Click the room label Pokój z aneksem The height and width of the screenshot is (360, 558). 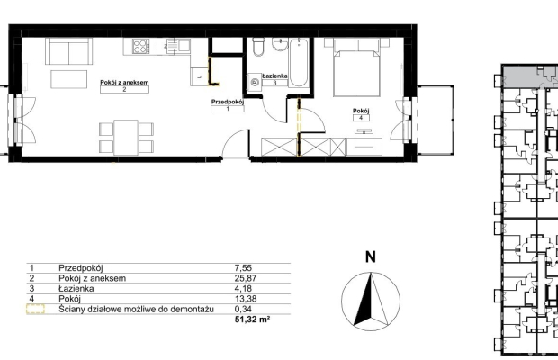(x=124, y=82)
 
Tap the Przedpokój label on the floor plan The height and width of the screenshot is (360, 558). (x=228, y=102)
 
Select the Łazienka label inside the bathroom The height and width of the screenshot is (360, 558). (x=274, y=76)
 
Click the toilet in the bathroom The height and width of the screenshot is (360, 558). (x=257, y=47)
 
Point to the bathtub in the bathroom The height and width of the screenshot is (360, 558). (x=299, y=63)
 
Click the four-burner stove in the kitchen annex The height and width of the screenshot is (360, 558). (x=141, y=46)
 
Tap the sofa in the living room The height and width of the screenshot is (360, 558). (x=68, y=51)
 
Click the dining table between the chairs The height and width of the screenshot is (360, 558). (x=126, y=138)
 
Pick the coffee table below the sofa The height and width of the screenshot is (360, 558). (x=69, y=79)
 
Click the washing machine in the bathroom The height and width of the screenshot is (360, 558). (x=255, y=82)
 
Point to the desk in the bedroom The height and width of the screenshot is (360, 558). (x=364, y=146)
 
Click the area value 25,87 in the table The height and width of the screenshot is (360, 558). (x=246, y=278)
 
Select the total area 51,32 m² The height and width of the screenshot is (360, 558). (x=252, y=319)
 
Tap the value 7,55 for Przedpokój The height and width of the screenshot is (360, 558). (x=243, y=268)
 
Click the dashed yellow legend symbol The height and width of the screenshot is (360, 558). (x=36, y=309)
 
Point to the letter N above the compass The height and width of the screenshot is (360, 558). (x=371, y=256)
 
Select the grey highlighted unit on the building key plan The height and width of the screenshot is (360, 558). (x=530, y=76)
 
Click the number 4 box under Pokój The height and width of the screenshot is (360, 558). (x=361, y=118)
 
